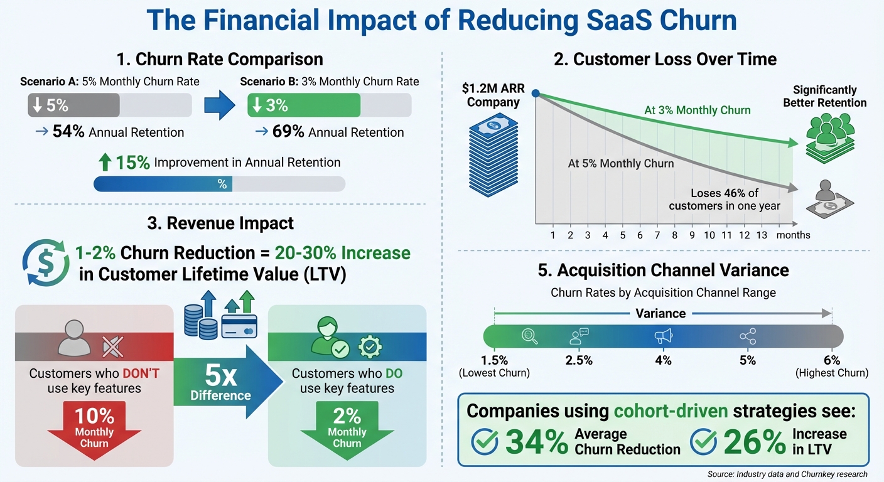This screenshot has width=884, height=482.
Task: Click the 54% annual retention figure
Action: click(68, 132)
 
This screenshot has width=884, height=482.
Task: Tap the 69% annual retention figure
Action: click(288, 132)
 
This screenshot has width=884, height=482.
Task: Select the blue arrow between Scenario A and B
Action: click(219, 105)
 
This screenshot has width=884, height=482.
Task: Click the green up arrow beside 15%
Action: click(104, 163)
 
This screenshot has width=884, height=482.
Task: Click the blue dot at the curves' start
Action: click(535, 94)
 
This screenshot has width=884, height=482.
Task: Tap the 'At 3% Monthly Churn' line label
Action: click(697, 110)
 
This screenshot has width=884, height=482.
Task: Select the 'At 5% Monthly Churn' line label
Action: click(620, 163)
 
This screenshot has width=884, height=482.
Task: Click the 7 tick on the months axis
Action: click(657, 235)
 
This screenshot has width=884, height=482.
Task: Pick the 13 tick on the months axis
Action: click(762, 235)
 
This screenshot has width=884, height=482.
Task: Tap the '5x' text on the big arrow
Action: click(220, 376)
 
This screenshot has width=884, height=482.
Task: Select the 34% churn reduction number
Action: click(536, 441)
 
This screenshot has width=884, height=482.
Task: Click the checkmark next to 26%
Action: click(703, 442)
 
